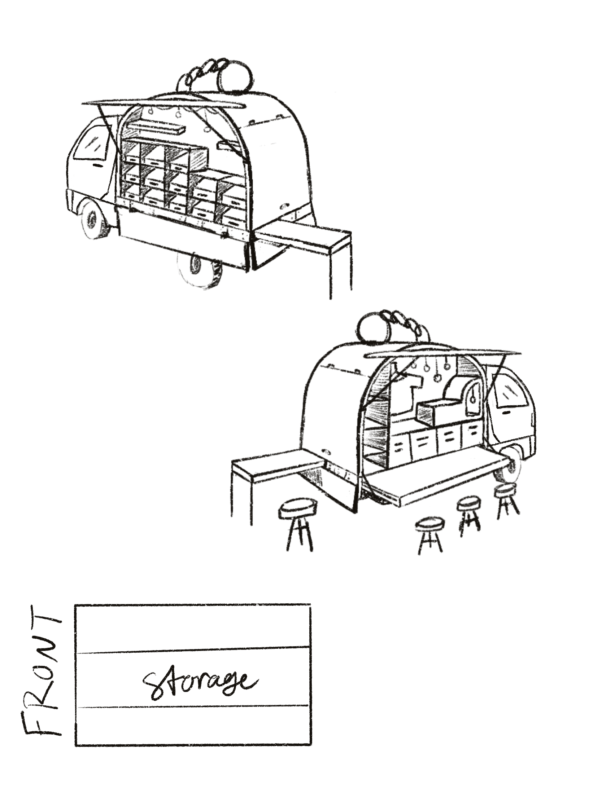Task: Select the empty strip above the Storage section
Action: [192, 627]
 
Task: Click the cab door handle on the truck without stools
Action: [97, 165]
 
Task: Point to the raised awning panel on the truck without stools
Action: [163, 104]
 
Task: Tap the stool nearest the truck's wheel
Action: [506, 489]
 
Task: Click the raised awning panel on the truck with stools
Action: [443, 352]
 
